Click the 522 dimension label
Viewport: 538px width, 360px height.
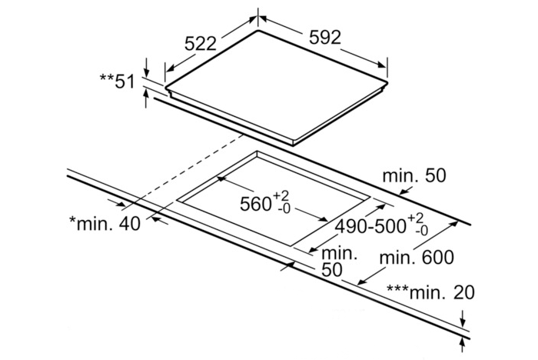point(201,44)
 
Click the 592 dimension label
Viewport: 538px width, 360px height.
point(325,37)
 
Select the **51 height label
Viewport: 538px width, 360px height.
point(118,82)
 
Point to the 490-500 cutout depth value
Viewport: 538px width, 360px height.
point(370,226)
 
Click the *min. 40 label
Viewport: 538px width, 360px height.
point(105,224)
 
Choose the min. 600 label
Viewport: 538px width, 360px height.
point(417,257)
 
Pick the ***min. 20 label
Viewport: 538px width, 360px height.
point(431,292)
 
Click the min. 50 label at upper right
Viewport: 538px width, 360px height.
point(414,175)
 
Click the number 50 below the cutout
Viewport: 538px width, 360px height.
point(332,270)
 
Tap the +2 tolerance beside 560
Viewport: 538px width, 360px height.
point(281,197)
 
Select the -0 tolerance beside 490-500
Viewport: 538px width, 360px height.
point(421,231)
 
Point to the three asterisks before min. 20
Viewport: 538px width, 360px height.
point(398,288)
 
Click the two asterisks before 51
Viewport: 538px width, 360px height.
point(107,77)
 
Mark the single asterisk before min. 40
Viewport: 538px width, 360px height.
point(73,219)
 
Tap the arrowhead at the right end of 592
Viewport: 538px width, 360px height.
point(382,65)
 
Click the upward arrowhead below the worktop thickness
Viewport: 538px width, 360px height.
point(463,343)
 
